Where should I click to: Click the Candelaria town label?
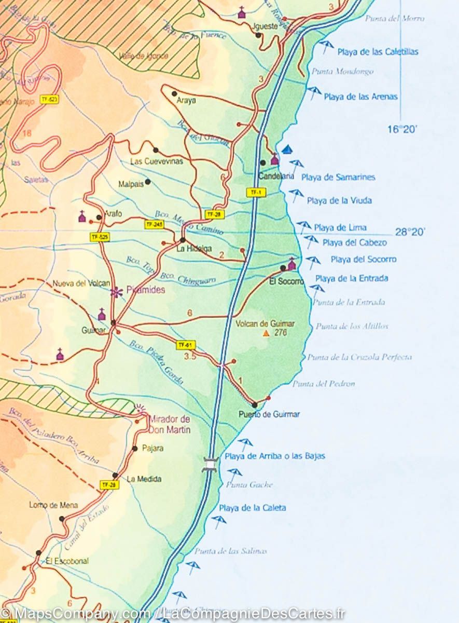(x=276, y=176)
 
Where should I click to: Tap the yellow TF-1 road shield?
(x=255, y=192)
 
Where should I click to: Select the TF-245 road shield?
(x=154, y=224)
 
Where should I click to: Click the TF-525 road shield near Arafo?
(x=100, y=237)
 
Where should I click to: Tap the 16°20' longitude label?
(x=402, y=129)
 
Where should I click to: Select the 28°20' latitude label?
(x=410, y=232)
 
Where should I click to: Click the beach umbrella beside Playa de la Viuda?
(x=296, y=195)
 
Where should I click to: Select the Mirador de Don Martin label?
(x=169, y=424)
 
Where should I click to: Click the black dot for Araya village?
(x=175, y=94)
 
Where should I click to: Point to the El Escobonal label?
(x=67, y=561)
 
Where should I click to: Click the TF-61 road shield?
(x=185, y=345)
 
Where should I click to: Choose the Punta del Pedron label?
(x=324, y=384)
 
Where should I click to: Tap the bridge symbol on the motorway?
(x=210, y=464)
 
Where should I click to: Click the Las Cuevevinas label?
(x=157, y=161)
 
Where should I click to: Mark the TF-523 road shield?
(x=50, y=99)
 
